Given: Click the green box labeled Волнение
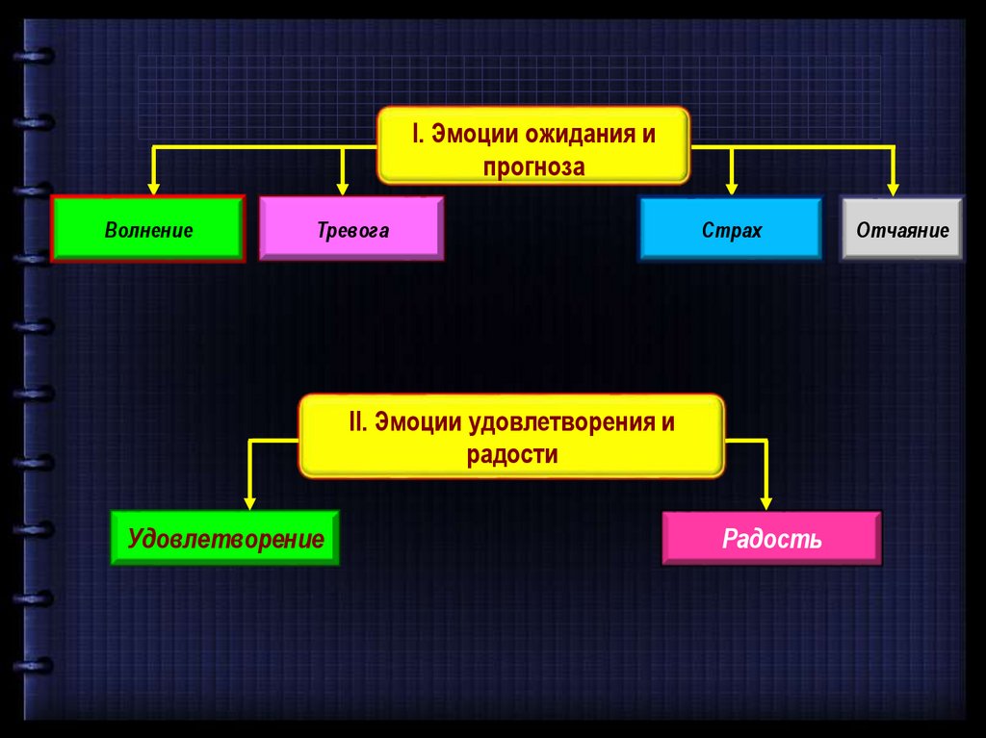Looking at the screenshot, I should point(148,229).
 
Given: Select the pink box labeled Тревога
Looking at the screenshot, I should point(352,229).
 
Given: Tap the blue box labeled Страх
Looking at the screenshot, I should point(731,229).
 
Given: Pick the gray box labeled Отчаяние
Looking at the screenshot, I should point(901,229).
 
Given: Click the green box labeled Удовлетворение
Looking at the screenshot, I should point(224,538).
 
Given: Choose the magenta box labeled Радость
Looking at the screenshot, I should point(771,538).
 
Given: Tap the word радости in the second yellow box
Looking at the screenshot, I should point(512,455).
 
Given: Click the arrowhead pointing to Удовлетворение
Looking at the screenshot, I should point(250,501).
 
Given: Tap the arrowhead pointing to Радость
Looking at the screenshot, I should point(766,501).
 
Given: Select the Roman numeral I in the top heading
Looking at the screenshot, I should point(416,134).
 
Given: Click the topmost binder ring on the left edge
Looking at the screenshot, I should point(36,55).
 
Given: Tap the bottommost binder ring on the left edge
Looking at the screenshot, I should point(36,667).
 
